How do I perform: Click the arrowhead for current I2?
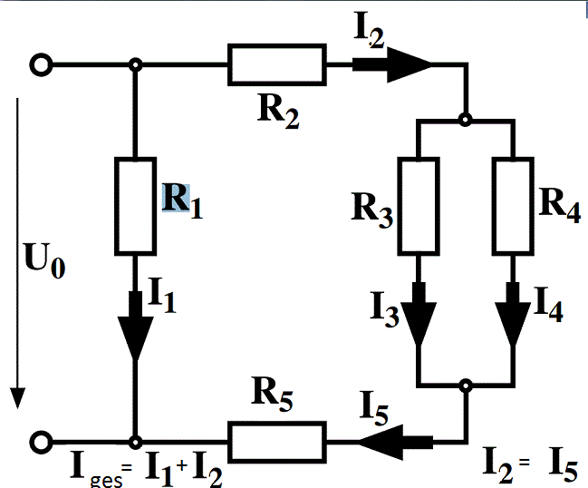click(409, 64)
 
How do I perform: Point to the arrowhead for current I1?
click(135, 338)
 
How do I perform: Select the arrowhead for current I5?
click(381, 443)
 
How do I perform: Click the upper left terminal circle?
click(41, 64)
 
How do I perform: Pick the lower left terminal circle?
click(41, 442)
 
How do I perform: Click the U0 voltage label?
click(44, 260)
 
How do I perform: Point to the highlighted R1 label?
click(183, 200)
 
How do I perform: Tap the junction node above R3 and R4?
click(466, 120)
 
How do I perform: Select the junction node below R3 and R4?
click(466, 386)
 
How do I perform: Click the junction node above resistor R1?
click(135, 64)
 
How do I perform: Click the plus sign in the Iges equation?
click(182, 465)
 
